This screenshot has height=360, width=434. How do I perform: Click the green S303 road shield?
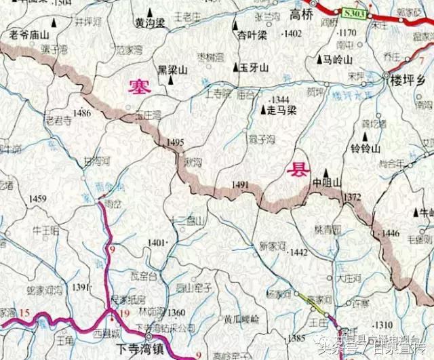[353, 13]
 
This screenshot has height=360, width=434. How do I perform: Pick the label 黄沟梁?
[151, 23]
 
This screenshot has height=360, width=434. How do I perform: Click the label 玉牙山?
[254, 68]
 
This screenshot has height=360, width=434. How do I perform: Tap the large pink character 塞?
[141, 86]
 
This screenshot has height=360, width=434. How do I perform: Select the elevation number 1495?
[175, 142]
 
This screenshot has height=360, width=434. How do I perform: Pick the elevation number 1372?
[353, 197]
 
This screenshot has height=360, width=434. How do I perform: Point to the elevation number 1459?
[38, 199]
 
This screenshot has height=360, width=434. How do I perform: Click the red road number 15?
[25, 313]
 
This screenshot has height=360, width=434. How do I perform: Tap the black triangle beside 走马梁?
[264, 109]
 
